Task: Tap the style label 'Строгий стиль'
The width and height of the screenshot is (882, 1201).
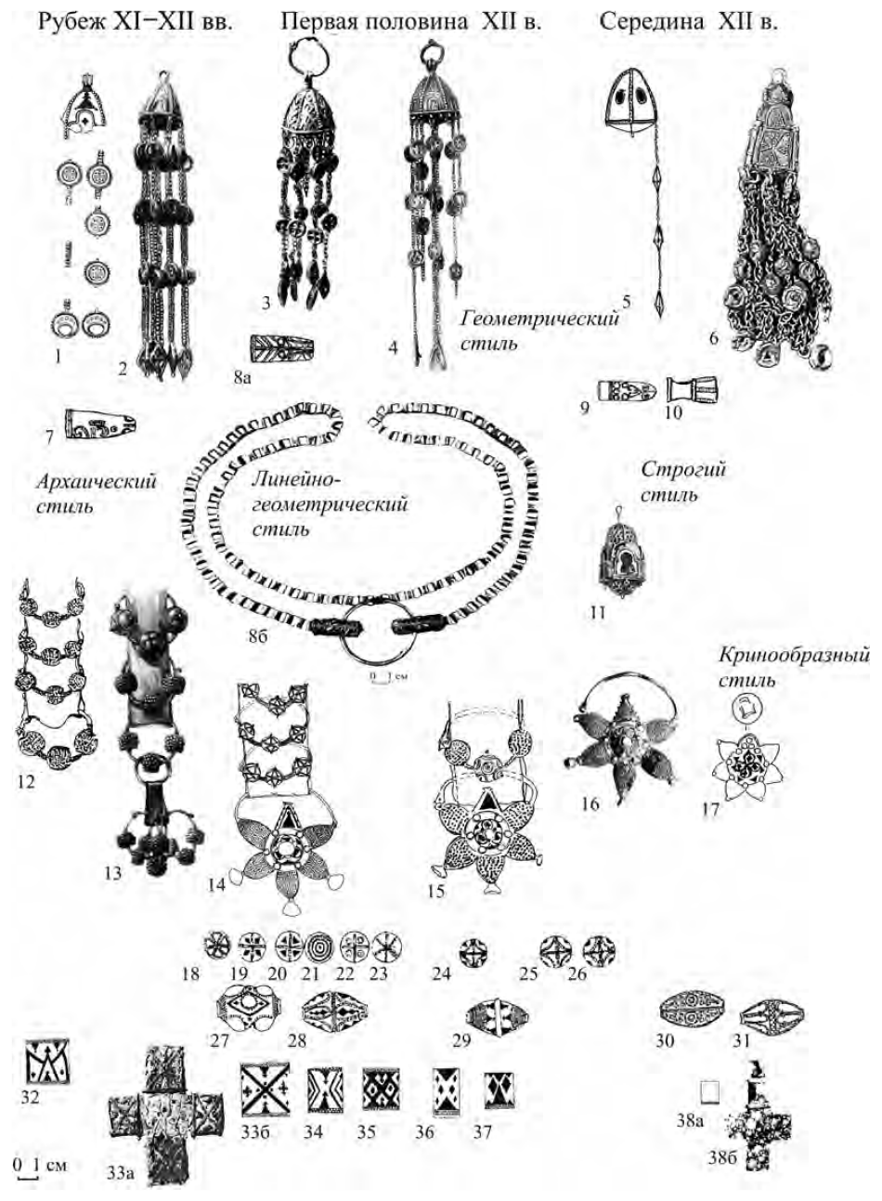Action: point(683,481)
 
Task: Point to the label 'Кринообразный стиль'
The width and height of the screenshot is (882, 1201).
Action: point(793,667)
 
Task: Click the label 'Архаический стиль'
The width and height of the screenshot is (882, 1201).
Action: point(97,492)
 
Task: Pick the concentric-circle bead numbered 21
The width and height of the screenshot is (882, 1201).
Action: point(320,950)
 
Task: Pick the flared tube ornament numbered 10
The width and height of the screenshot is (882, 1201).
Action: point(692,390)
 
